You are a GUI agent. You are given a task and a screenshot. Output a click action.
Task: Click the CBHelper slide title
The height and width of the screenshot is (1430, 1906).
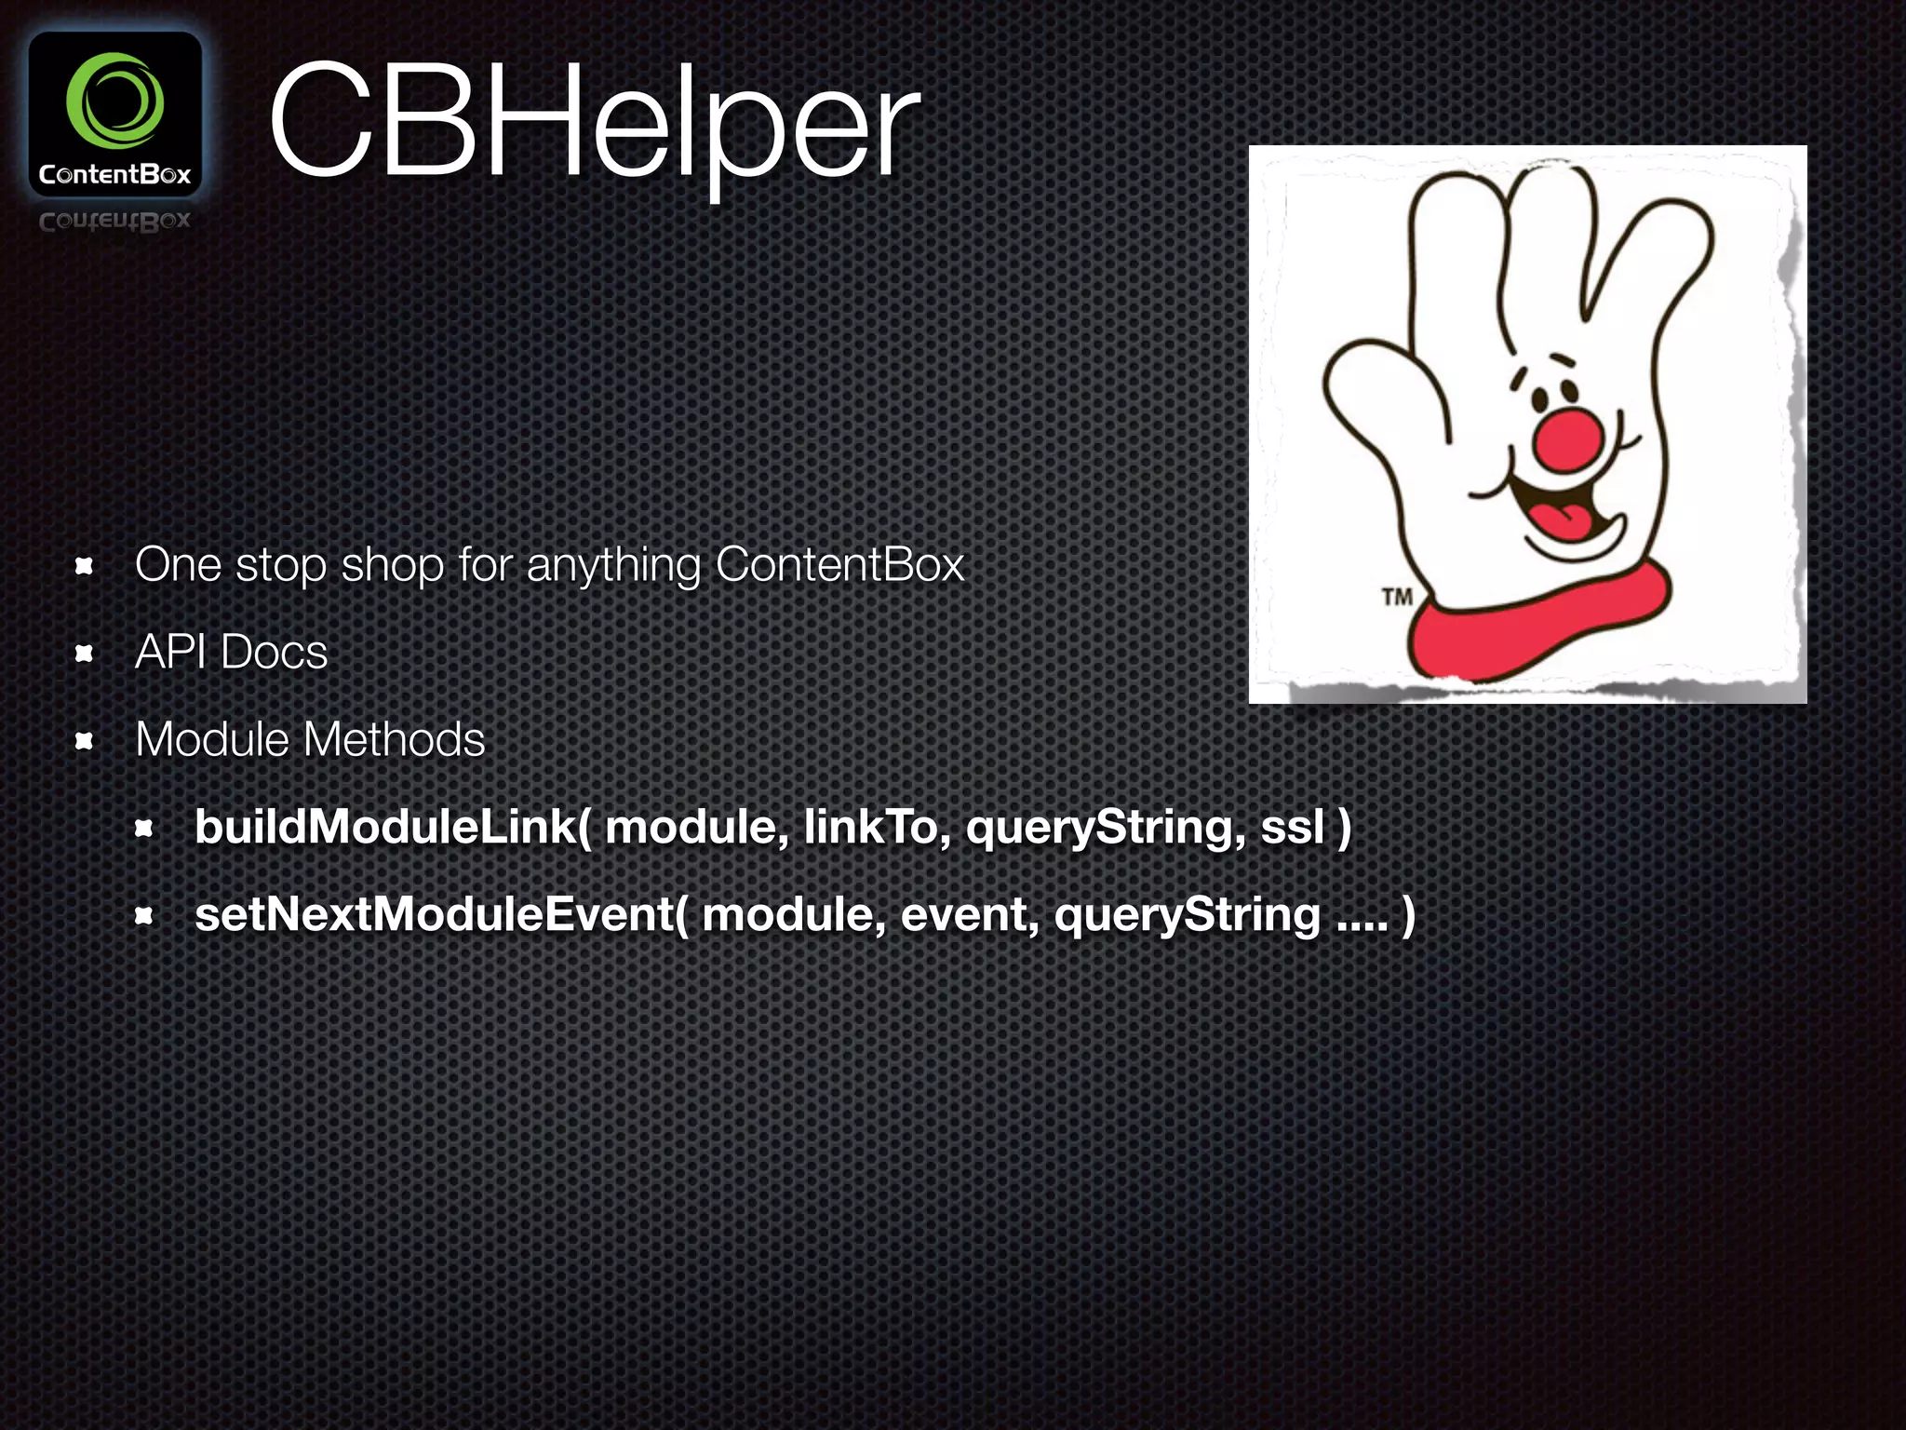(594, 121)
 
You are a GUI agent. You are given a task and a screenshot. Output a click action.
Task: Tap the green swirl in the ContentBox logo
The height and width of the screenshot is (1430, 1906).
(115, 101)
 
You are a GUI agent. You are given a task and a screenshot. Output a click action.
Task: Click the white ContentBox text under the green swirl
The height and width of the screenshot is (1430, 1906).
(114, 174)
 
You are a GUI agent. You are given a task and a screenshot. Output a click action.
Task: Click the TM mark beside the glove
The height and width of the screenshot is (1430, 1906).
(1396, 596)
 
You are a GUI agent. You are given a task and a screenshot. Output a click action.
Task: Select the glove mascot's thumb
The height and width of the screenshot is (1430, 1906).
(1377, 391)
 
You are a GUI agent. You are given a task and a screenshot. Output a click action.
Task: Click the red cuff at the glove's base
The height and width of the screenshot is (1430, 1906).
(1536, 624)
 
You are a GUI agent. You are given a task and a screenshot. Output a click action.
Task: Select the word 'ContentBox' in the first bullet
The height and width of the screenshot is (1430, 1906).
(839, 564)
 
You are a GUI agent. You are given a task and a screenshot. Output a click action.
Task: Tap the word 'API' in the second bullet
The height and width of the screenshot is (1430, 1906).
(170, 652)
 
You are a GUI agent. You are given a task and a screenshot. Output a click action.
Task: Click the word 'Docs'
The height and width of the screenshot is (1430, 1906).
(275, 652)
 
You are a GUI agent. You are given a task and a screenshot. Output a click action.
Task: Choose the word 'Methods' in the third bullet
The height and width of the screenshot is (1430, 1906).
(394, 739)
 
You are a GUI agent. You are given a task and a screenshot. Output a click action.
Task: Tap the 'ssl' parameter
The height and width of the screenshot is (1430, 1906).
(1292, 827)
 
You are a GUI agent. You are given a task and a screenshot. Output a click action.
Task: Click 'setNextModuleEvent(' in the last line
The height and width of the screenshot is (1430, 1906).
(442, 914)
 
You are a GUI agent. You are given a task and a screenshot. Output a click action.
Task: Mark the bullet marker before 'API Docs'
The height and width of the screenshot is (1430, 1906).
(84, 654)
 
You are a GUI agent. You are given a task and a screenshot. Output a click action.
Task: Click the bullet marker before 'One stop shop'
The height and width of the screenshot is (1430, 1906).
(84, 566)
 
